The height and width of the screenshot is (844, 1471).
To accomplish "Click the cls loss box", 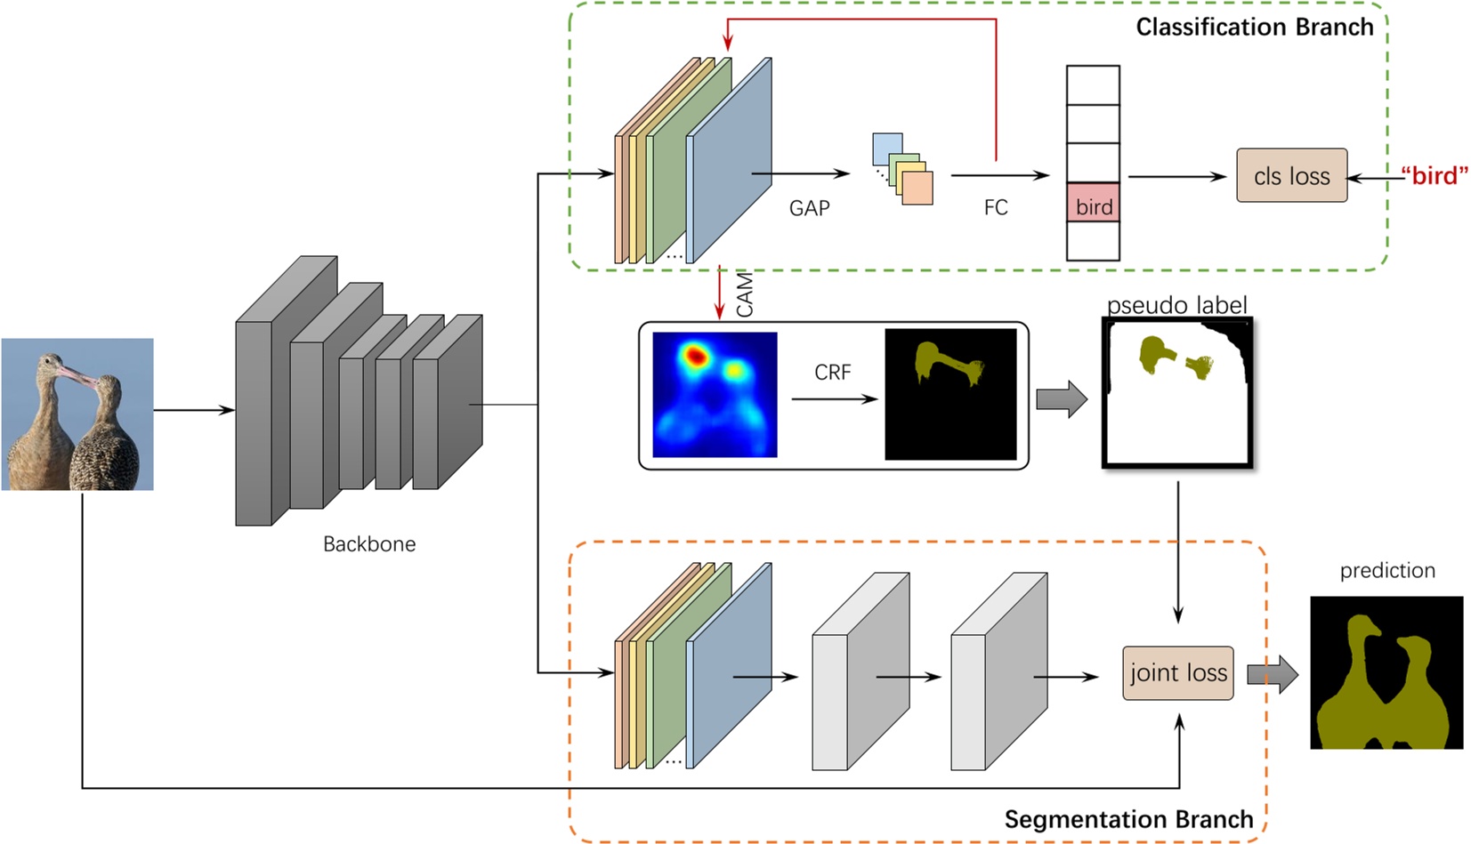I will click(x=1290, y=175).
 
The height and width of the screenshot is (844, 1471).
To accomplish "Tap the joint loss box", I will click(x=1177, y=673).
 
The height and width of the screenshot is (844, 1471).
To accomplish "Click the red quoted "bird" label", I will click(x=1434, y=175).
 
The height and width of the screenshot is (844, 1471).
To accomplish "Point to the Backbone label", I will click(x=368, y=543).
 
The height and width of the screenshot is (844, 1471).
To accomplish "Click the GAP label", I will click(x=809, y=208).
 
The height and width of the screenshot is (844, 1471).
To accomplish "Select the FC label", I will click(x=996, y=207).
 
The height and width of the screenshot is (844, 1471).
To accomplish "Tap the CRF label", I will click(x=832, y=372).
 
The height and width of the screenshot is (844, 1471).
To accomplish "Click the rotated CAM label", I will click(x=745, y=294).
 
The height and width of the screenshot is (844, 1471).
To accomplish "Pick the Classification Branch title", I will click(x=1254, y=27).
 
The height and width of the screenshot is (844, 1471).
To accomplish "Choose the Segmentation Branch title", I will click(x=1128, y=819).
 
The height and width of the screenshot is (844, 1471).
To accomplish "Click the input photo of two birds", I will click(x=77, y=414).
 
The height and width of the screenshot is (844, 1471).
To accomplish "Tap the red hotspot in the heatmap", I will click(x=695, y=357).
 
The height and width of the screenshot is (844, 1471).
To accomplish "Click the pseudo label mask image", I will click(x=1177, y=393).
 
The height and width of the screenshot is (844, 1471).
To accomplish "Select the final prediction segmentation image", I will click(x=1386, y=672).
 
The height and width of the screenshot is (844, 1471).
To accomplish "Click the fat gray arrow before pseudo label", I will click(x=1061, y=398).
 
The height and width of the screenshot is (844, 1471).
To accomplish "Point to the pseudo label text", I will click(x=1176, y=305).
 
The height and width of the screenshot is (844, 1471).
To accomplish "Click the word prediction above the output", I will click(x=1386, y=570).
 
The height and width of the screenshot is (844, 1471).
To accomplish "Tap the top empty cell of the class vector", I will click(x=1093, y=85).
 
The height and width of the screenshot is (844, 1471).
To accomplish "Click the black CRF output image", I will click(x=950, y=394).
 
